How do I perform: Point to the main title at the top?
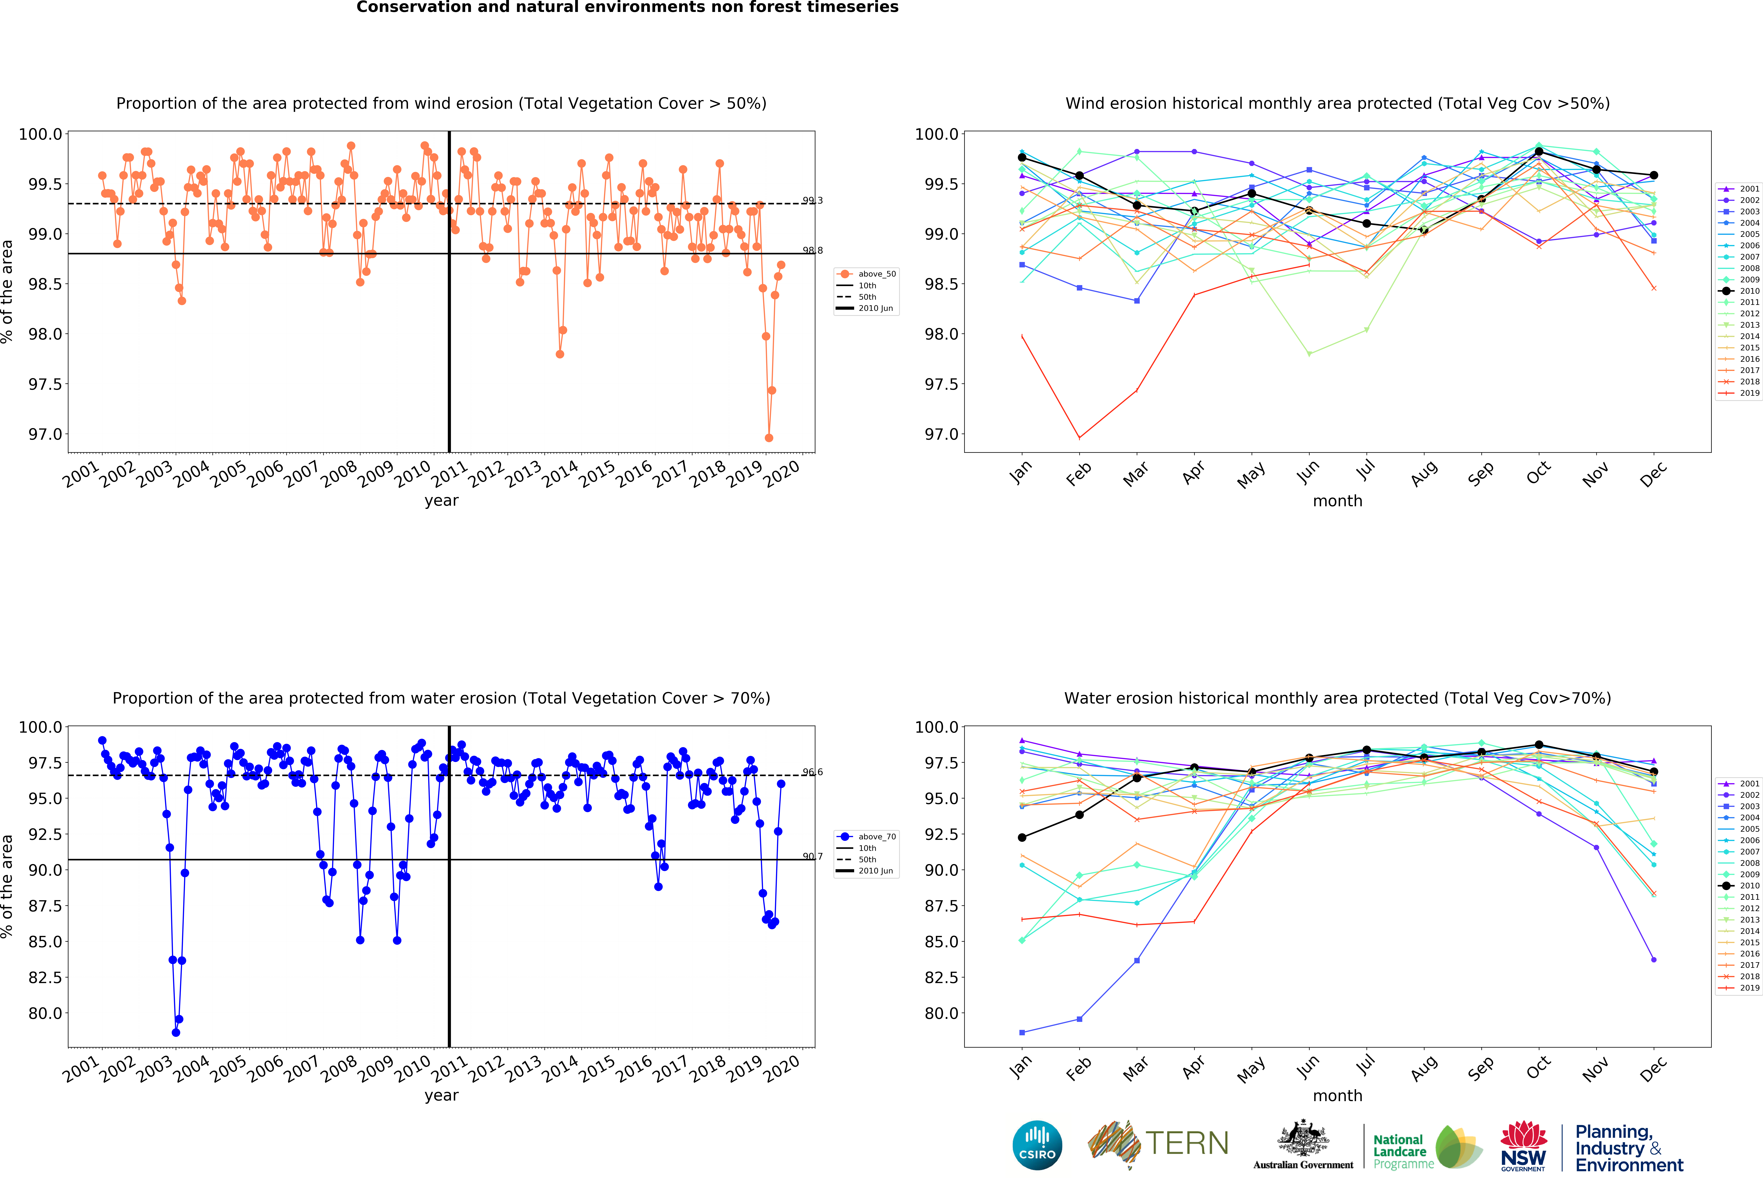627,8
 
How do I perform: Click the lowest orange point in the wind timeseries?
768,438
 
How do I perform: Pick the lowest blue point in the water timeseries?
176,1032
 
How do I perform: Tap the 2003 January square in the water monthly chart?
1022,1032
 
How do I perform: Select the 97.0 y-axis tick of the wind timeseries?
46,434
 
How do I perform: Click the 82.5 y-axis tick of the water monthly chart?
941,977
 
